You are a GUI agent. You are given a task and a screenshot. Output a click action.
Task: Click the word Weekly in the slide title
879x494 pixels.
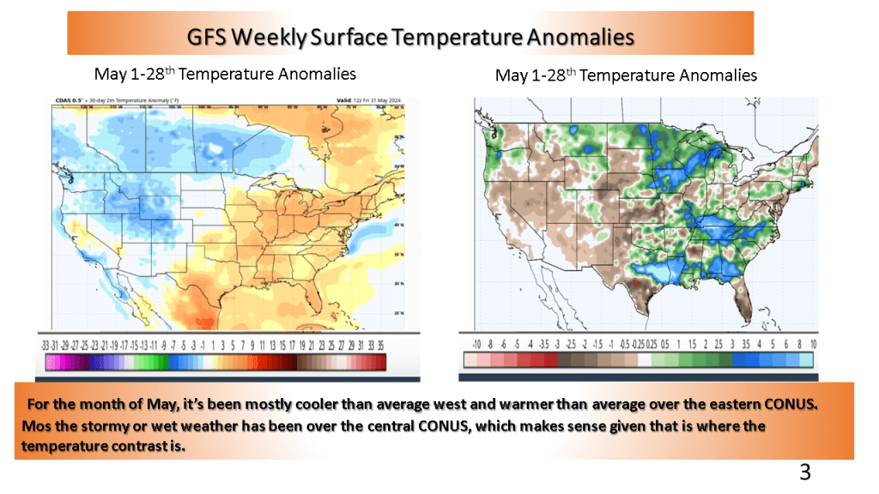tap(291, 38)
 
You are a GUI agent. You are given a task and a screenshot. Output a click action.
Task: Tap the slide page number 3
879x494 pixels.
tap(804, 471)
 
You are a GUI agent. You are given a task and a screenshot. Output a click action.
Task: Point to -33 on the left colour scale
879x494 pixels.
tap(45, 343)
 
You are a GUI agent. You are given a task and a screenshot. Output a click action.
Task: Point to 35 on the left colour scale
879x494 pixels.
tap(380, 343)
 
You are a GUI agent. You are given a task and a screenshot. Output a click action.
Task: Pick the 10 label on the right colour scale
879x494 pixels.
tap(812, 343)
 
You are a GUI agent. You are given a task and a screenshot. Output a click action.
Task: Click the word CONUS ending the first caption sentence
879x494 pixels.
tap(791, 405)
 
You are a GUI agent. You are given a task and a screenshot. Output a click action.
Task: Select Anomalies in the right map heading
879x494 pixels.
tap(718, 75)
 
